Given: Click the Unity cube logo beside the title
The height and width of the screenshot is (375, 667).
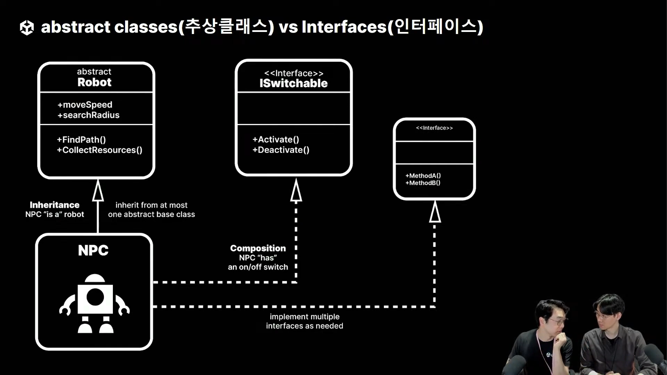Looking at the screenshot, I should click(x=27, y=27).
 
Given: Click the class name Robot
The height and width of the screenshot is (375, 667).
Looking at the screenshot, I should click(x=94, y=82).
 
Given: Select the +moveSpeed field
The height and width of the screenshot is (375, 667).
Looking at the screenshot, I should click(x=85, y=105).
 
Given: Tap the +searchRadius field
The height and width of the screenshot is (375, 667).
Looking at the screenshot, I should click(x=89, y=115).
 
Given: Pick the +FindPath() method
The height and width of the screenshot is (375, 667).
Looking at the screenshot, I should click(x=82, y=140).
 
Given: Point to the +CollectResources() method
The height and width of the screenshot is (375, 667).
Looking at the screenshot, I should click(x=100, y=150).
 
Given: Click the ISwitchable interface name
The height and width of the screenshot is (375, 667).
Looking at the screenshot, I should click(x=294, y=83).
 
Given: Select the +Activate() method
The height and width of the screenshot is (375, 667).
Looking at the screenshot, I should click(x=276, y=139).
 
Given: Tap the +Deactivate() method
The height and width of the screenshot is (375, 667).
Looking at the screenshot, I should click(x=281, y=150).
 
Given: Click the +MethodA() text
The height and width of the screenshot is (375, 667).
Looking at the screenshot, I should click(x=423, y=176).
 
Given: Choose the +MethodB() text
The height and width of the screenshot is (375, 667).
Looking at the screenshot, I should click(x=423, y=183).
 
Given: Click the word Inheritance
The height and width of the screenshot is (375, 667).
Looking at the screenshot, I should click(x=55, y=205).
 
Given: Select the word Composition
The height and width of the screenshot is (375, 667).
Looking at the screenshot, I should click(x=258, y=248).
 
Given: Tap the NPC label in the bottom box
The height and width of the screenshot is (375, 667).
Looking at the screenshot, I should click(x=93, y=250).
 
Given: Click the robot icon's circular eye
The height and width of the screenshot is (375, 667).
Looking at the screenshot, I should click(x=95, y=297).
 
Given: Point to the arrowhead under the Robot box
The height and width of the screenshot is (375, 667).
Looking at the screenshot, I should click(x=98, y=191).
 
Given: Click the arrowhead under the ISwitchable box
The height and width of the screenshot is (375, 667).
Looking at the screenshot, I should click(x=296, y=191).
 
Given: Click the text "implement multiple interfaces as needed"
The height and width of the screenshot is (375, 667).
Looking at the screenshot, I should click(x=305, y=321).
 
